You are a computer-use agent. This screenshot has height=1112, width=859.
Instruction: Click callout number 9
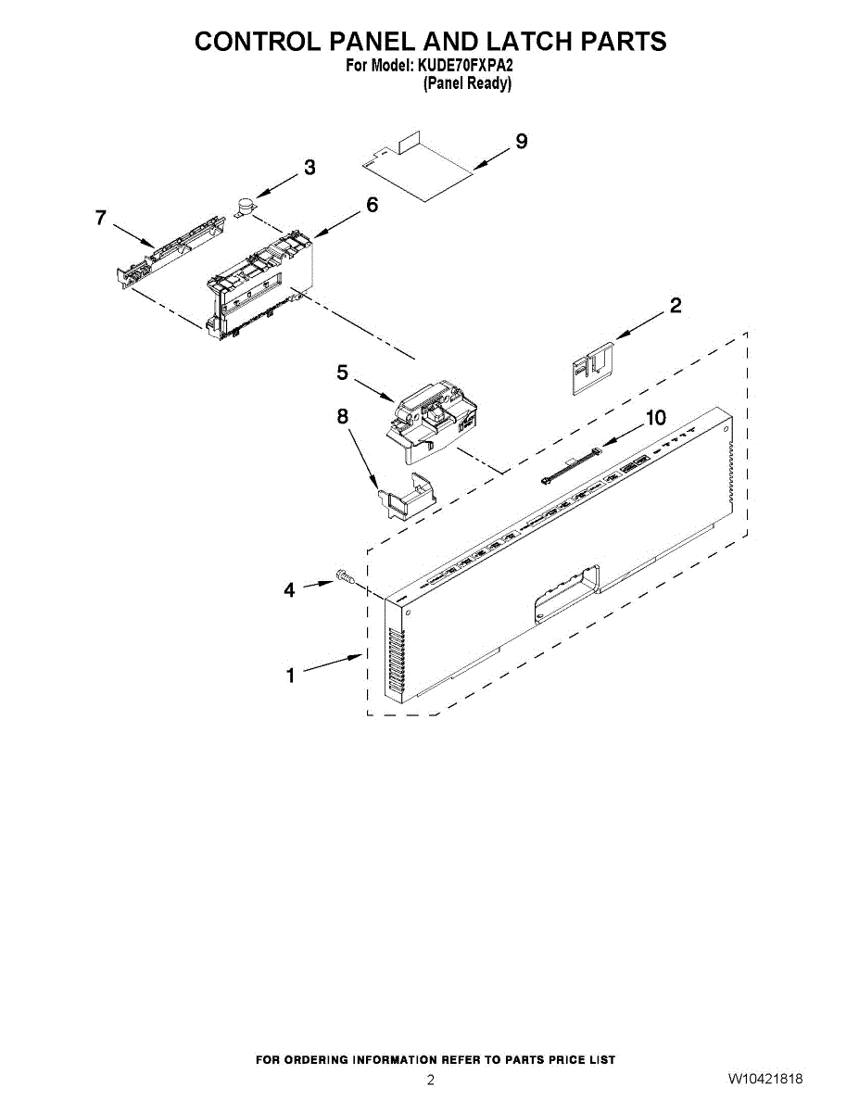tap(522, 142)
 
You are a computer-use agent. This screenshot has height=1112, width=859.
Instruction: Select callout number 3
tap(309, 168)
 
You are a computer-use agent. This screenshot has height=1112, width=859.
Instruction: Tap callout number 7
tap(101, 218)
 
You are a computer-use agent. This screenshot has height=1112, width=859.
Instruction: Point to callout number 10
tap(655, 418)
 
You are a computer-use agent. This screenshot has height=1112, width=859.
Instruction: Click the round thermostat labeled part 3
tap(246, 207)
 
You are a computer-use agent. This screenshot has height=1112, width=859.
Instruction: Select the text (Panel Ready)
tap(467, 83)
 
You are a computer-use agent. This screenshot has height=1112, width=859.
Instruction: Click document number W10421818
tap(764, 1080)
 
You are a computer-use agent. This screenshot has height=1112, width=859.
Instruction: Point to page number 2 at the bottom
tap(430, 1080)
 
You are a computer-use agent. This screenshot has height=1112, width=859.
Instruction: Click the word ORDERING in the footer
tap(311, 1059)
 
